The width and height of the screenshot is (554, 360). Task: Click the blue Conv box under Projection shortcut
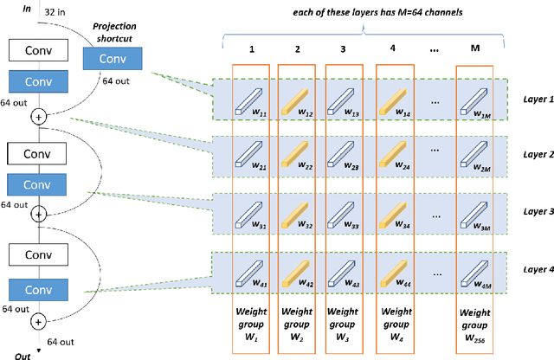pos(111,59)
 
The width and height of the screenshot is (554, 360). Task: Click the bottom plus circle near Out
pos(38,321)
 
